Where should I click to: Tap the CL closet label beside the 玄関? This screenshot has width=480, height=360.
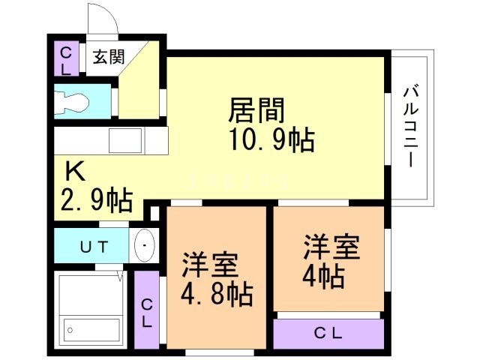(x=66, y=59)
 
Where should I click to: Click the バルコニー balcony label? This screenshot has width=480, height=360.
(x=411, y=127)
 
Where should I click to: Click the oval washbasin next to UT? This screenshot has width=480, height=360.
(x=143, y=244)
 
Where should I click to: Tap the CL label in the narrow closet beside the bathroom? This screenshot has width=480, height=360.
(x=147, y=312)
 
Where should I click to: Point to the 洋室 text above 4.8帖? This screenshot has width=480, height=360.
(x=211, y=264)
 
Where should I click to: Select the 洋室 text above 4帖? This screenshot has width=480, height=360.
(x=331, y=247)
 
